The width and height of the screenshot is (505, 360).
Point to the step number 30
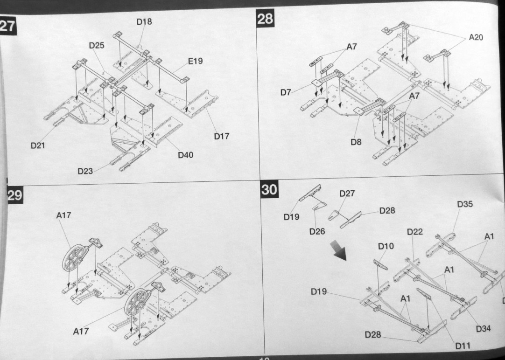click(x=269, y=190)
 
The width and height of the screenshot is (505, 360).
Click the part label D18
click(x=144, y=21)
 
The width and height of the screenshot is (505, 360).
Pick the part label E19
click(x=195, y=61)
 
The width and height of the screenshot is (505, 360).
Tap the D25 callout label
click(x=96, y=45)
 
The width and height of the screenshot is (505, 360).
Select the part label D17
click(x=222, y=136)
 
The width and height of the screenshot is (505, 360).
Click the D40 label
click(x=185, y=155)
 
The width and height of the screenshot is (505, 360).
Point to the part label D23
click(x=85, y=171)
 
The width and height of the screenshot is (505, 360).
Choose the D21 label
click(x=38, y=145)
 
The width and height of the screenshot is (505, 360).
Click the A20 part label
click(x=475, y=37)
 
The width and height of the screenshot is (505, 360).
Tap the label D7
click(x=286, y=92)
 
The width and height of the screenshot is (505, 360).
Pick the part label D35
click(x=465, y=204)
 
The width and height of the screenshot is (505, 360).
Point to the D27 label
click(x=347, y=193)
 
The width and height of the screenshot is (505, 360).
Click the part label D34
click(x=483, y=329)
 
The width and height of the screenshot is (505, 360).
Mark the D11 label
click(x=463, y=346)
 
